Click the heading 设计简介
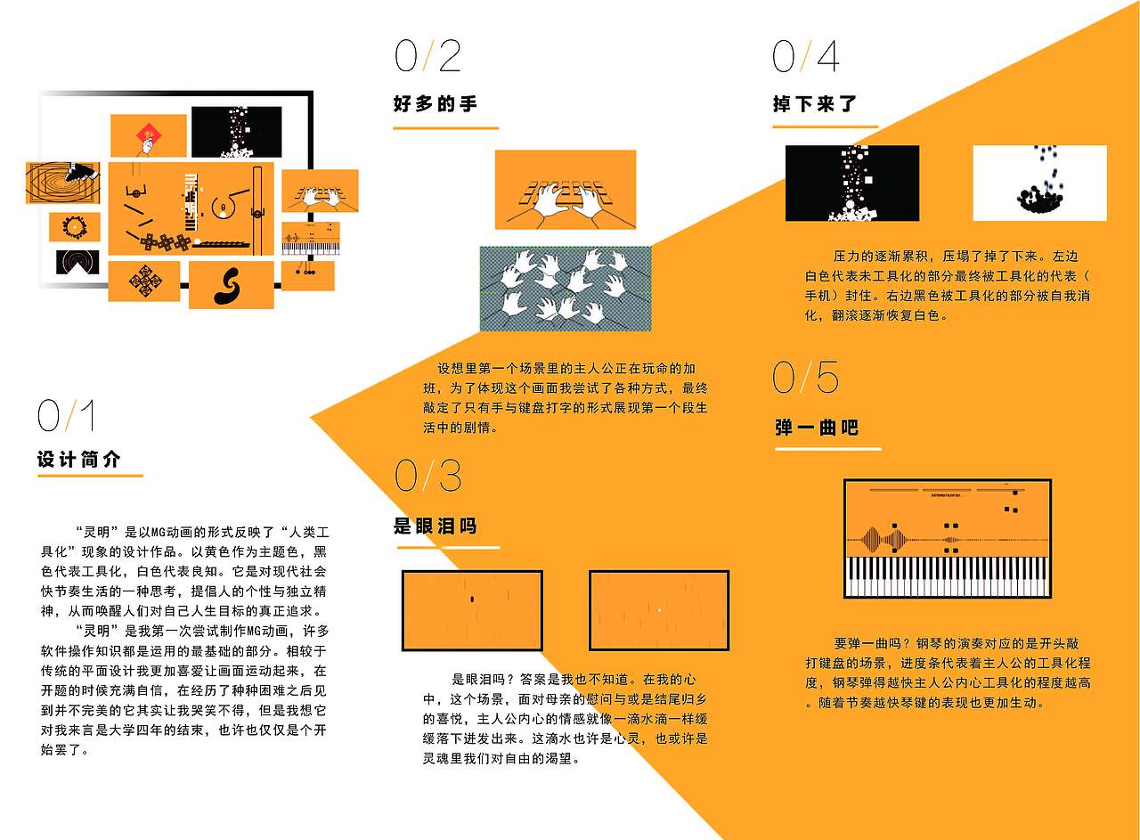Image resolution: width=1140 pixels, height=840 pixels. [x=78, y=461]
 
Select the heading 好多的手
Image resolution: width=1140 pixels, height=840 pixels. [x=436, y=104]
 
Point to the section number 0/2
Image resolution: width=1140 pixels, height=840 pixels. [x=428, y=56]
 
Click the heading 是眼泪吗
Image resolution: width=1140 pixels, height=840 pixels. [x=436, y=526]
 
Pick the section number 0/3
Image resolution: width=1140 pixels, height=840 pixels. [x=428, y=477]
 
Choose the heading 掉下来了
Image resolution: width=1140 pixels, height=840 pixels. [x=815, y=104]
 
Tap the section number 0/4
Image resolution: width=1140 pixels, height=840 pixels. [x=806, y=57]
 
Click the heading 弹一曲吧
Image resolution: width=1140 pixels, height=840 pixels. [x=817, y=428]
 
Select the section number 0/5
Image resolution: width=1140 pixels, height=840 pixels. [x=806, y=378]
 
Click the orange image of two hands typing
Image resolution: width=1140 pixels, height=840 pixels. [x=565, y=190]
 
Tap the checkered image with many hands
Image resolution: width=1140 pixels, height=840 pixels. [x=566, y=289]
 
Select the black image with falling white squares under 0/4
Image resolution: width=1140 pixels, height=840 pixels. [x=851, y=183]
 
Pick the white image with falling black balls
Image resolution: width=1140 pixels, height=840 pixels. [x=1039, y=183]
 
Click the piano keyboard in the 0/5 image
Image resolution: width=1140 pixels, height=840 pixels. [x=948, y=576]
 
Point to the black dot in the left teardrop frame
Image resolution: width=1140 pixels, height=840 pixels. [x=472, y=599]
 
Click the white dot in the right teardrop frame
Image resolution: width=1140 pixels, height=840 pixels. [x=659, y=609]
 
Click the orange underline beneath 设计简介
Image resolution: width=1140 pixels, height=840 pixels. [x=90, y=476]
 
